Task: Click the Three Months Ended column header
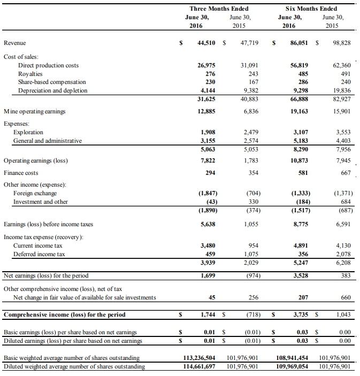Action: (219, 9)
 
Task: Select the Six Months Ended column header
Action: (311, 9)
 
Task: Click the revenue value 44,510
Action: (206, 43)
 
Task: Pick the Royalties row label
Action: (30, 74)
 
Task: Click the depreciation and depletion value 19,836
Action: (340, 91)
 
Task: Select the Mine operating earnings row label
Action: (34, 111)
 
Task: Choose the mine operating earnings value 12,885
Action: (206, 111)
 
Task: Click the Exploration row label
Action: (28, 132)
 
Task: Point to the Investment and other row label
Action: (40, 202)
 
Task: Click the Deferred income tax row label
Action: (39, 254)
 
